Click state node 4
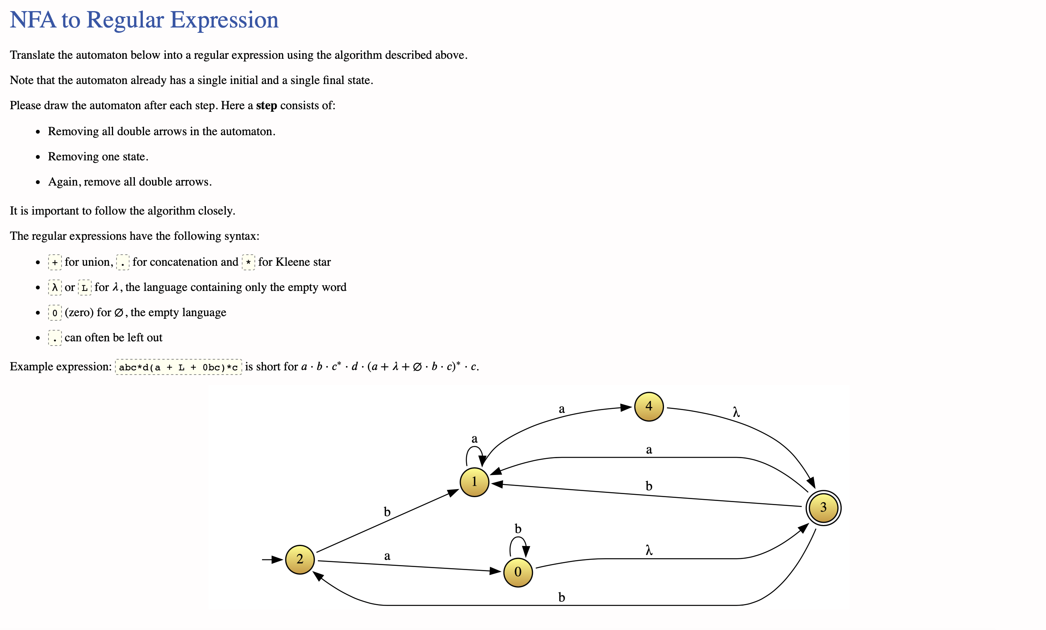click(x=648, y=406)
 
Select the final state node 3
click(x=823, y=507)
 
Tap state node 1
click(x=474, y=481)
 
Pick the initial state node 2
click(x=300, y=559)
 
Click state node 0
click(x=518, y=572)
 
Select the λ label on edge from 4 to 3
click(x=736, y=412)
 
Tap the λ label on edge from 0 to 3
click(x=649, y=550)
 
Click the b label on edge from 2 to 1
click(x=387, y=512)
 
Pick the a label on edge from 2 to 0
click(x=387, y=556)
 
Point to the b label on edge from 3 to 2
click(x=561, y=597)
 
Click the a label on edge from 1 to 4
click(x=561, y=409)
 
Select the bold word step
click(x=266, y=105)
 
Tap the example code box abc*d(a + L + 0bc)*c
click(x=178, y=367)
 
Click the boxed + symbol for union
click(x=55, y=263)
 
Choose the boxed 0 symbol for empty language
click(x=55, y=313)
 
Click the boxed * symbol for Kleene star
click(x=248, y=263)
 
